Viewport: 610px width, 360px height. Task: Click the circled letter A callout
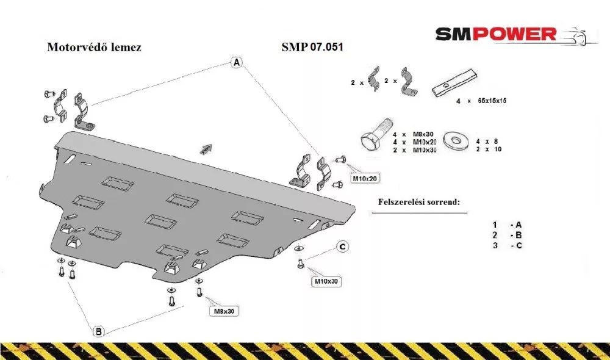tap(237, 62)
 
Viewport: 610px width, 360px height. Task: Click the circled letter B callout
tap(98, 331)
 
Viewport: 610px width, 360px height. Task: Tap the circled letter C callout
tap(342, 247)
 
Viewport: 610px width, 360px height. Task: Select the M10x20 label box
tap(365, 179)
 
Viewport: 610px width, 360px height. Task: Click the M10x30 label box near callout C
tap(326, 281)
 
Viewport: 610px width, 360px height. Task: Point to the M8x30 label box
tap(224, 311)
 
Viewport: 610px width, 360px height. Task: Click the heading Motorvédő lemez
tap(94, 47)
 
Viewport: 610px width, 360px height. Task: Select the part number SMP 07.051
tap(312, 47)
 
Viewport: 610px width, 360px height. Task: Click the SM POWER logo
tap(516, 35)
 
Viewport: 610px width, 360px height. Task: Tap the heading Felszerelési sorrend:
tap(419, 202)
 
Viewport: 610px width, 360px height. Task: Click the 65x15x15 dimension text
tap(492, 101)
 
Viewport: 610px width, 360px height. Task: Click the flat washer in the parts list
tap(456, 139)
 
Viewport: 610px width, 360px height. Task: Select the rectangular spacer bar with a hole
tap(454, 84)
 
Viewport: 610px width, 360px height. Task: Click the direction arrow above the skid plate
tap(206, 149)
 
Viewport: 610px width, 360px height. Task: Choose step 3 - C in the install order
tap(508, 245)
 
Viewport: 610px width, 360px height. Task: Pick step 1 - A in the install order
tap(507, 225)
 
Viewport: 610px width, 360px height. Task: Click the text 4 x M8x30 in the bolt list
tap(413, 134)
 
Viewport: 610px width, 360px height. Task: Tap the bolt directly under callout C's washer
tap(300, 264)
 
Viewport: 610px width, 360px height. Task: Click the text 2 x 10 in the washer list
tap(489, 149)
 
